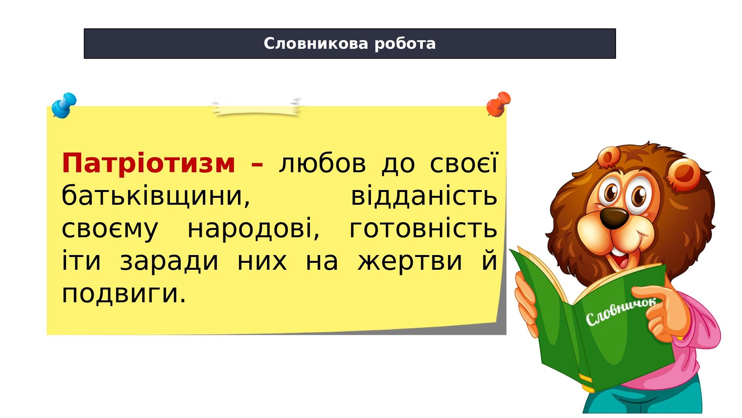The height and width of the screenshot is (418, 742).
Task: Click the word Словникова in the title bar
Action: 316,44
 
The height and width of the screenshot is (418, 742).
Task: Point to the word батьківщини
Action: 156,196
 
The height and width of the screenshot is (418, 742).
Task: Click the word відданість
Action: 424,196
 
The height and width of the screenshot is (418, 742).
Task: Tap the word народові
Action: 254,229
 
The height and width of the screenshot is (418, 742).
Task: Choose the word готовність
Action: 423,229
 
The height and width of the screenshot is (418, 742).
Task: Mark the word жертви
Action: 410,261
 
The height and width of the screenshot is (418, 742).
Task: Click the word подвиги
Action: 124,294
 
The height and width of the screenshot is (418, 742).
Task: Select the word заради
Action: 169,261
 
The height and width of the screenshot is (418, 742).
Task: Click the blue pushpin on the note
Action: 64,105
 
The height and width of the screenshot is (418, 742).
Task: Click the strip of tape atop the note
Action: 256,107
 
